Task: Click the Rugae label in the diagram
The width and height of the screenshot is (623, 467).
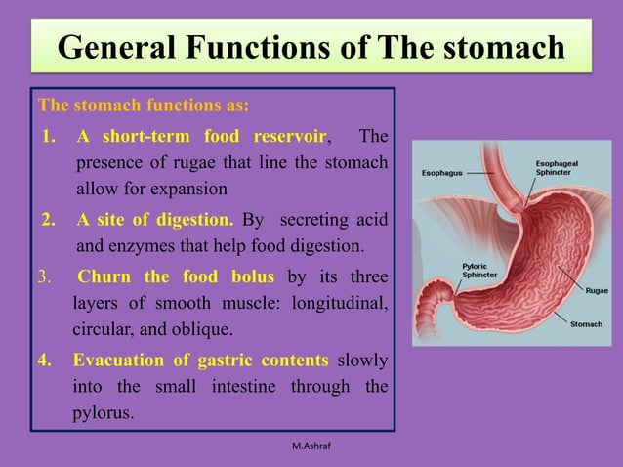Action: [x=597, y=290]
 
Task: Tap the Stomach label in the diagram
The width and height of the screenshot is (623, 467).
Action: [x=587, y=323]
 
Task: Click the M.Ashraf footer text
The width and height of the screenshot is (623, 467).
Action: [x=311, y=446]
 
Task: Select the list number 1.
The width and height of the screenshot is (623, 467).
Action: [x=49, y=135]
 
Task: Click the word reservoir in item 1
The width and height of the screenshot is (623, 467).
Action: [x=291, y=135]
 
